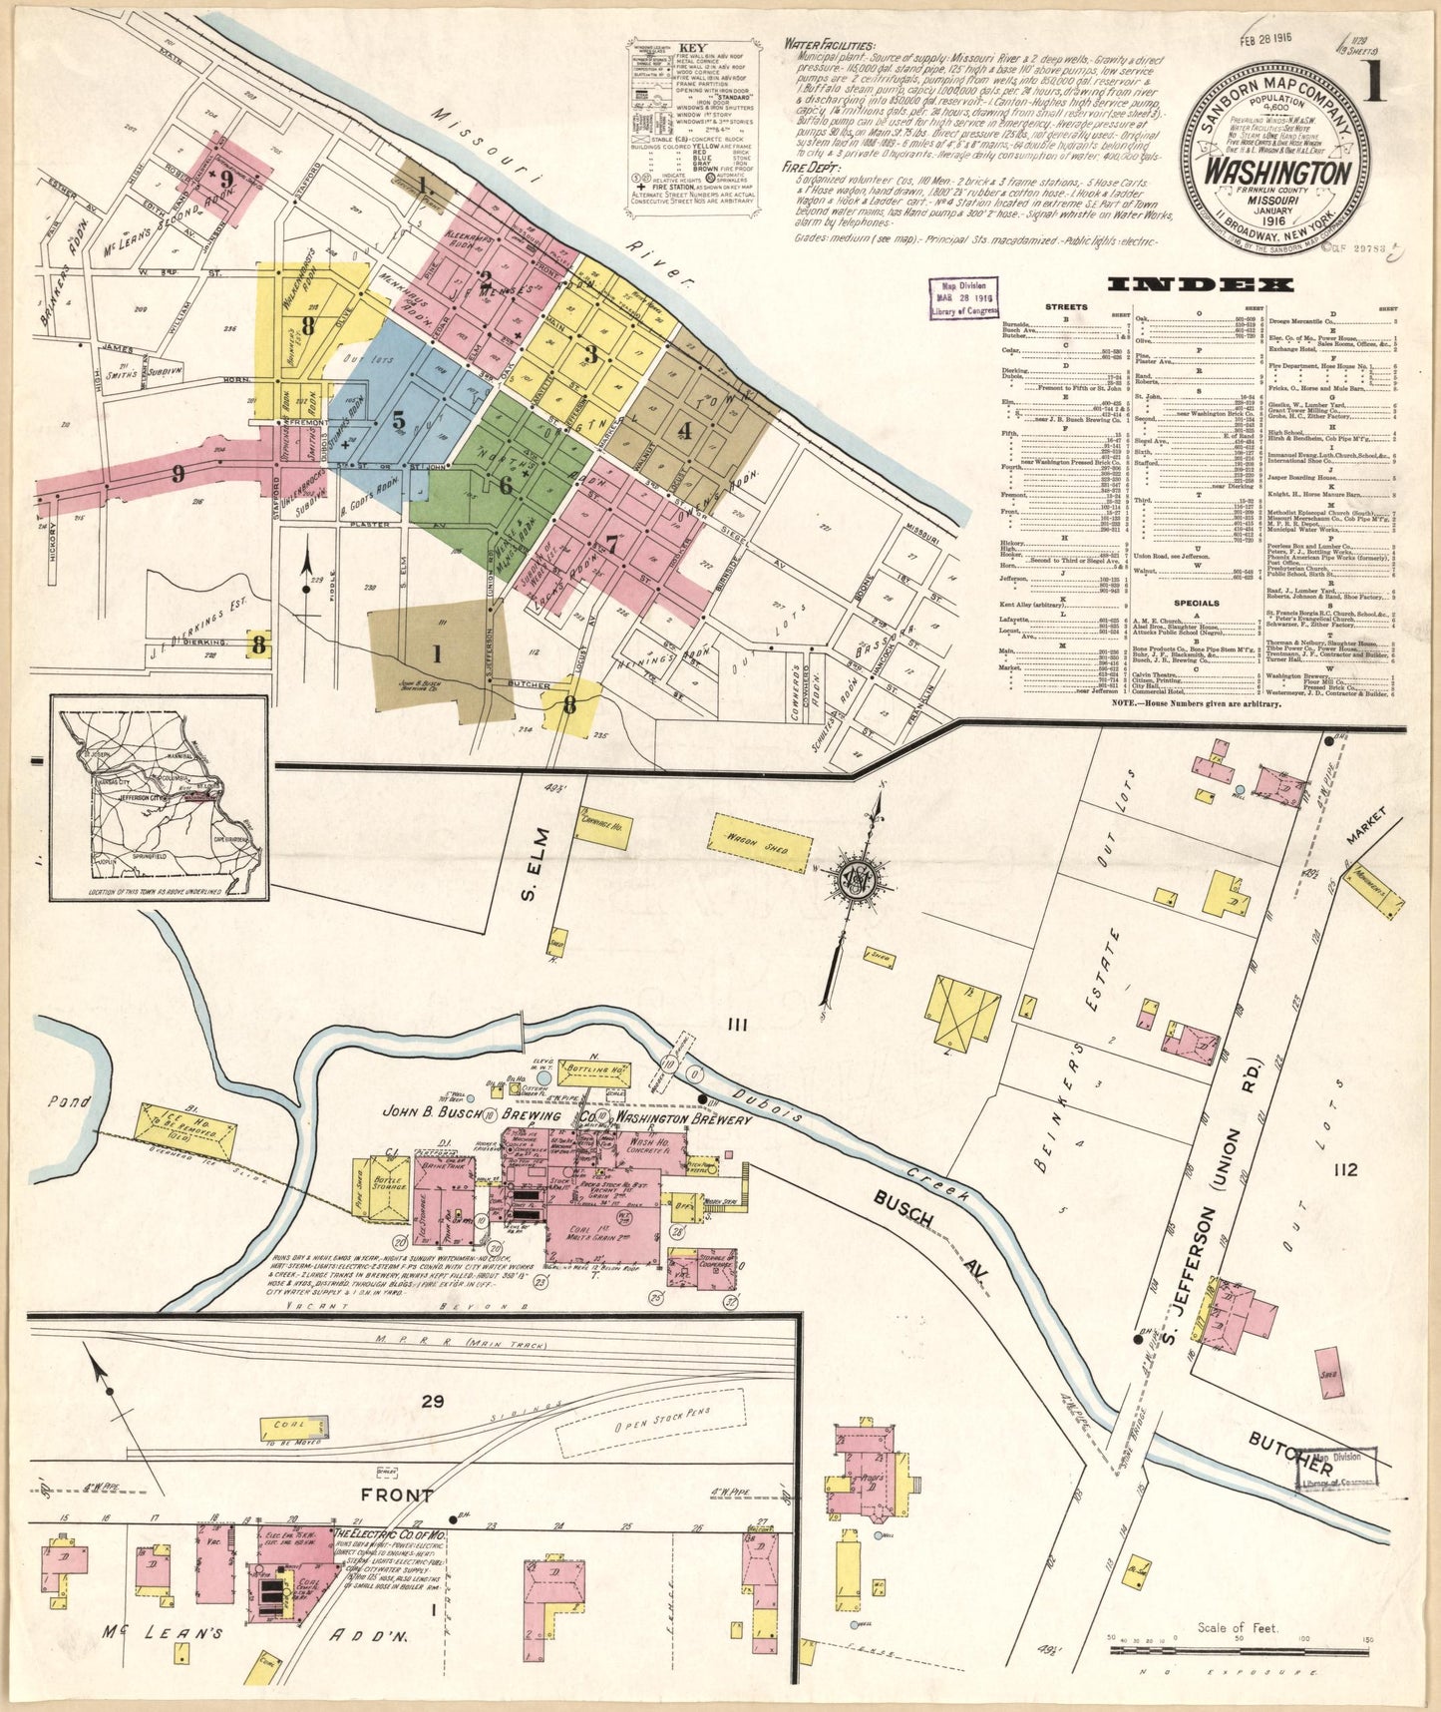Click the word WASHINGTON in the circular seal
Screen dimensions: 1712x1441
tap(1277, 171)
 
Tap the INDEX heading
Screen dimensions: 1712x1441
tap(1214, 284)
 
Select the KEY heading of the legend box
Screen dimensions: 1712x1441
tap(691, 47)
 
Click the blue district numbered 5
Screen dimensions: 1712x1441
tap(399, 420)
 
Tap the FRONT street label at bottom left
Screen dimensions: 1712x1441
tap(397, 1495)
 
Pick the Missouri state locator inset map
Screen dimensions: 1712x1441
tap(160, 797)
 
